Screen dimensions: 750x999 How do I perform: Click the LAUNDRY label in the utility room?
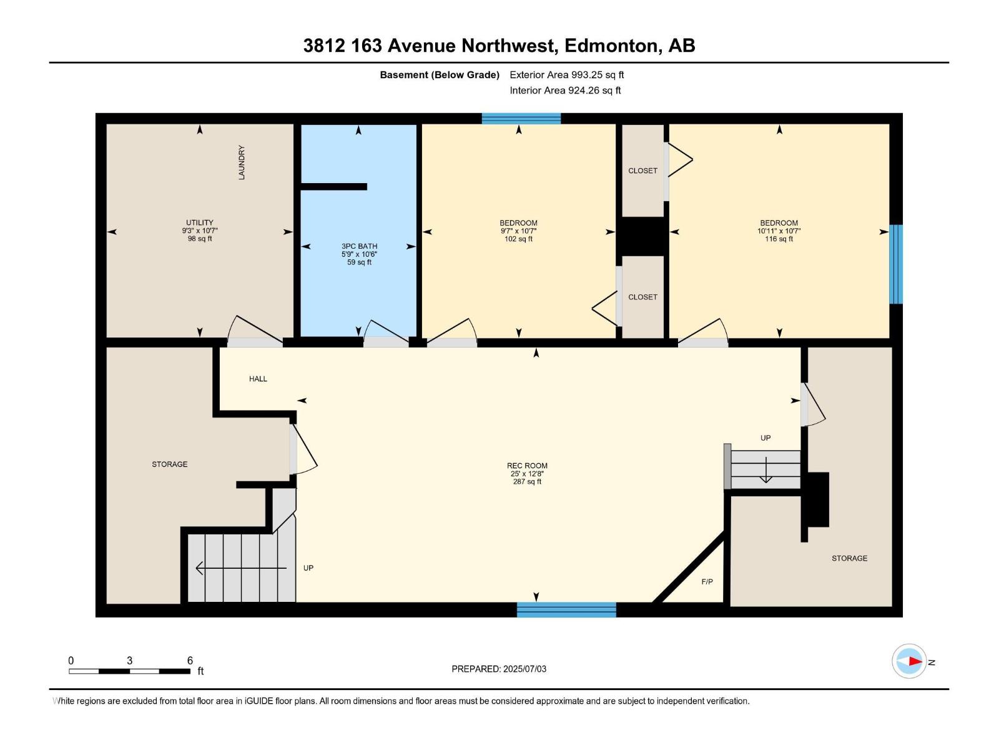(x=242, y=162)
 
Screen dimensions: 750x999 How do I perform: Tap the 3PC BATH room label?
(x=359, y=246)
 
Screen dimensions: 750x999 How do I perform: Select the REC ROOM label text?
(x=527, y=466)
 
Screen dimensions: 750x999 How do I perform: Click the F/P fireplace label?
(x=707, y=582)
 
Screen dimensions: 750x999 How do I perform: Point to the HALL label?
(x=258, y=379)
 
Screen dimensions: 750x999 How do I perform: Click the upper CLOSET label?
(x=642, y=171)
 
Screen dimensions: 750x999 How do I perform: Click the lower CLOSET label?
(x=642, y=297)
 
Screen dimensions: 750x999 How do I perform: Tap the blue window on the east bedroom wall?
(x=896, y=264)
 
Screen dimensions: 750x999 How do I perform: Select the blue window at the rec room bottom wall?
(x=566, y=609)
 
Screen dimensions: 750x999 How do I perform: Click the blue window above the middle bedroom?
(x=521, y=119)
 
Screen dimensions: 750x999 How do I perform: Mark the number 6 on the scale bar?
(x=190, y=661)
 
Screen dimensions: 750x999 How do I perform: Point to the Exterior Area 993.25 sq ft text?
(x=566, y=74)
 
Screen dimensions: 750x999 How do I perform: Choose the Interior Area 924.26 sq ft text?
(x=565, y=90)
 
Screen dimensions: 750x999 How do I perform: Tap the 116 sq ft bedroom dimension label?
(x=779, y=239)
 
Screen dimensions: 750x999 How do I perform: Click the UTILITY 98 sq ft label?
(x=200, y=230)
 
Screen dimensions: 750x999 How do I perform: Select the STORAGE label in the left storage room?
(x=169, y=464)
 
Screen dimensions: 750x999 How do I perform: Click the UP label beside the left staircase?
(x=308, y=568)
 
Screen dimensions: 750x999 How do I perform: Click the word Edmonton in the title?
(x=611, y=46)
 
